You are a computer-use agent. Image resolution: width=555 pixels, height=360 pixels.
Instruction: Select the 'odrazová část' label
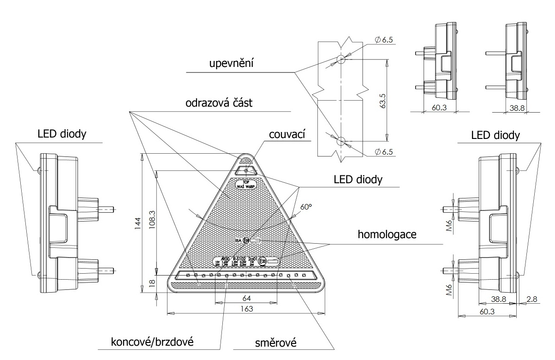pos(219,103)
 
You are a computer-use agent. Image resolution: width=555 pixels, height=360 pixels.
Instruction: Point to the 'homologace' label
pos(387,234)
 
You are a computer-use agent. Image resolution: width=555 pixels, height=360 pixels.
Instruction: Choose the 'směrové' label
pos(275,343)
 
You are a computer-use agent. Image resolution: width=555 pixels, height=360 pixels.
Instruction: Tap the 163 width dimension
pos(247,309)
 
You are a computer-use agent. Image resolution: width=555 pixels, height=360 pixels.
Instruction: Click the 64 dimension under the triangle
pos(247,298)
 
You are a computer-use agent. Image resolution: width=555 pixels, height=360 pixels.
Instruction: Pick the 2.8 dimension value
pos(531,299)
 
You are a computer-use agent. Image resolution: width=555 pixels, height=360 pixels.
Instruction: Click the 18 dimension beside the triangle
pos(152,283)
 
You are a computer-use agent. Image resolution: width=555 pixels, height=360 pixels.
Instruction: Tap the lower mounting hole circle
pos(341,140)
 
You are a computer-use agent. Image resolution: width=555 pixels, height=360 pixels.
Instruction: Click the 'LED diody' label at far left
pos(62,134)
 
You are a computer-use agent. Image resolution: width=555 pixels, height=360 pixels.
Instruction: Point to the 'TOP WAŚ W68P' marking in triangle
pos(245,184)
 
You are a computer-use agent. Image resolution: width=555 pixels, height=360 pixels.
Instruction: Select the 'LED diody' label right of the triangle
pos(358,179)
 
